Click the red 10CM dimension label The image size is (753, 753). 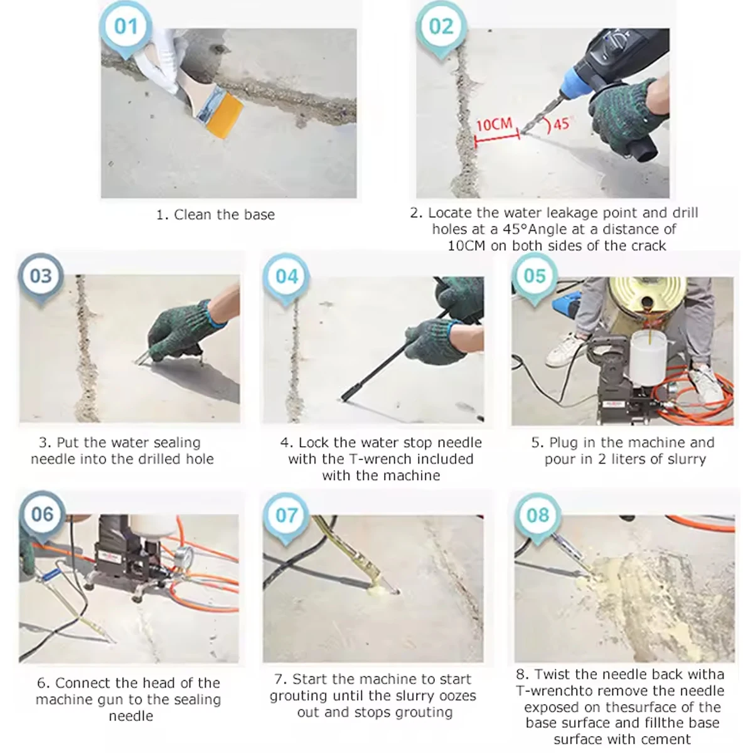pyautogui.click(x=494, y=125)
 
